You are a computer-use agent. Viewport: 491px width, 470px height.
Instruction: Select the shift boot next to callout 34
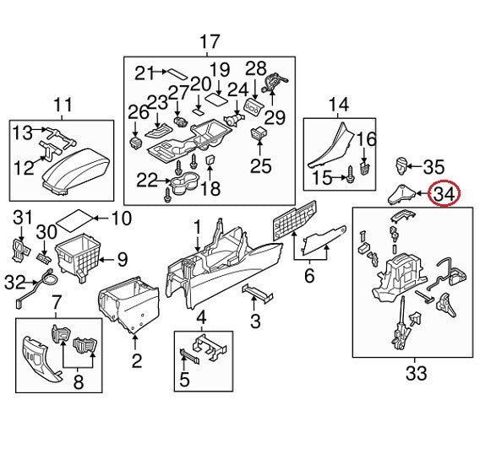pos(401,195)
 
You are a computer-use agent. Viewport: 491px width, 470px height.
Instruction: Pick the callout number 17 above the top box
pos(210,42)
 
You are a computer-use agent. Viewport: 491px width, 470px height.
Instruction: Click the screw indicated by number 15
pos(350,173)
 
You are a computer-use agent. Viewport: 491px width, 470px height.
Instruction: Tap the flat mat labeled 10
pos(74,220)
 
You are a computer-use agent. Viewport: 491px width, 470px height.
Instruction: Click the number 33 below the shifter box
pos(416,373)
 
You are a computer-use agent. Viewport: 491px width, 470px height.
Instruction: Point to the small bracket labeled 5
pos(190,356)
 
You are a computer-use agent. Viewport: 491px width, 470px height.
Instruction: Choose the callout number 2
pos(137,361)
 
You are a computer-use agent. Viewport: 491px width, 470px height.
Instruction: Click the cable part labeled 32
pos(35,288)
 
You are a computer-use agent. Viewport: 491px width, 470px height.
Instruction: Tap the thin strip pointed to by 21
pos(177,74)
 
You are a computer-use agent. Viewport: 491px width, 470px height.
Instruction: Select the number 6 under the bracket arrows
pos(309,276)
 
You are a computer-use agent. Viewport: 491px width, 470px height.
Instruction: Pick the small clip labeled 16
pos(365,168)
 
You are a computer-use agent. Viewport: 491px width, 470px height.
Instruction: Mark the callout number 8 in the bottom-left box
pos(79,381)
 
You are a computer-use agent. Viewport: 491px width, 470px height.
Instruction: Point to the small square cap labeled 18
pos(210,160)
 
